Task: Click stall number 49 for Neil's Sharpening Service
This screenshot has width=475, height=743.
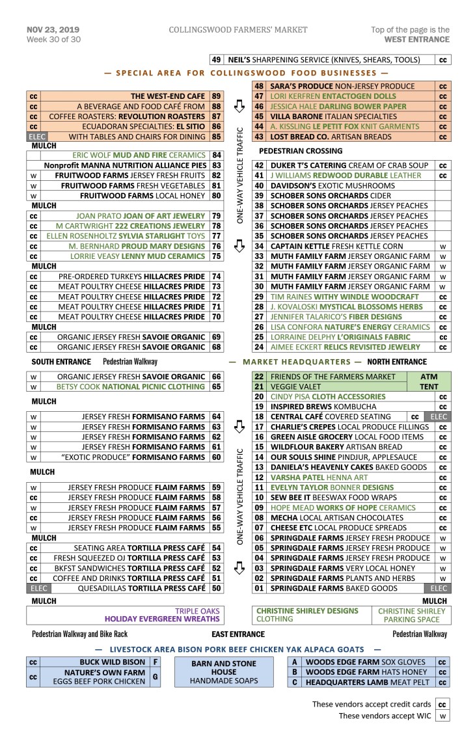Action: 217,60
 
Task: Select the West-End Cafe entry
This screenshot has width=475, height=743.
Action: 169,96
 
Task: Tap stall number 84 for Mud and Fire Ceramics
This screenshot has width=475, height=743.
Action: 217,155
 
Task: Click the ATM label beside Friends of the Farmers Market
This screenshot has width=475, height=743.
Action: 429,377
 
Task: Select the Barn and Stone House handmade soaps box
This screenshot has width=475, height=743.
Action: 224,671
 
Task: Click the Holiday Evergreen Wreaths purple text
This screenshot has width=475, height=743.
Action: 163,619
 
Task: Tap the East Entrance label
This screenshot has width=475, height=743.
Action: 238,634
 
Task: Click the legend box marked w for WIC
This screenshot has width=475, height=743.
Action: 442,716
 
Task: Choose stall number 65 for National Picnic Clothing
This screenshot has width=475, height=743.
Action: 217,386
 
